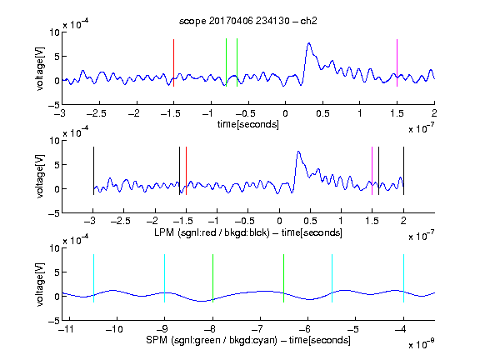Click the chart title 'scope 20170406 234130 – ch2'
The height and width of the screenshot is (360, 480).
point(247,21)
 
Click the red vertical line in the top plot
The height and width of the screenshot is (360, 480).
point(173,62)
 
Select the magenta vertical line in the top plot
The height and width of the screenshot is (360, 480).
point(397,62)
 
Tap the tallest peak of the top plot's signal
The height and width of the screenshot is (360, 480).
point(309,43)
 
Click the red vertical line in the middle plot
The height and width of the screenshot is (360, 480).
point(186,171)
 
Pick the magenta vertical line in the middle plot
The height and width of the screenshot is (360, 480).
point(372,171)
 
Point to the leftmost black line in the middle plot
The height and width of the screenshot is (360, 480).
point(93,171)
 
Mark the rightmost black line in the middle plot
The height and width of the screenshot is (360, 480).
point(403,171)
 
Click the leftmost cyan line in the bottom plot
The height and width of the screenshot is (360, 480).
point(93,278)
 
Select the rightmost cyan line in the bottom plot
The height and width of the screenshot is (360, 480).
point(403,278)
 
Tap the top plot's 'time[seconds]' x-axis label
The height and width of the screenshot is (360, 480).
point(248,124)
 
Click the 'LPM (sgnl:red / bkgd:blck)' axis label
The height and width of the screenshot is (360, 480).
point(212,232)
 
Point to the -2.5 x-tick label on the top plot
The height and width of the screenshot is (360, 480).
point(96,113)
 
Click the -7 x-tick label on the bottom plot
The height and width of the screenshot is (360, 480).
point(257,329)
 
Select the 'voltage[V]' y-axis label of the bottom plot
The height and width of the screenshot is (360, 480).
point(40,284)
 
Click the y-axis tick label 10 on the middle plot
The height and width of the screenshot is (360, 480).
point(55,141)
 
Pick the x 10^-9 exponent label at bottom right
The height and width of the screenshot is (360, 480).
point(422,343)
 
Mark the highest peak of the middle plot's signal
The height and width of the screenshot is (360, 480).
point(298,152)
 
